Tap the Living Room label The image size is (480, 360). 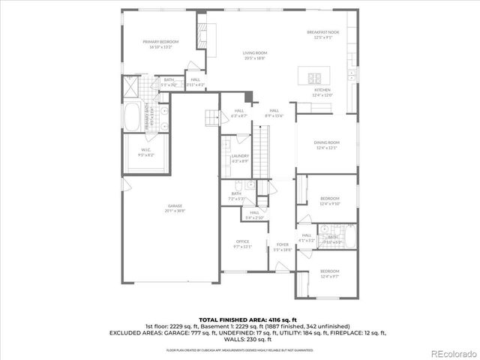pos(254,55)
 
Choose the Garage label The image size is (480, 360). pos(175,208)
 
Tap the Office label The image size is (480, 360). pos(242,243)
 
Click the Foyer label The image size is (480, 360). pos(282,247)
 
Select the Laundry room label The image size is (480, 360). pos(240,157)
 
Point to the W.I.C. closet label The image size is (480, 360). pos(146,151)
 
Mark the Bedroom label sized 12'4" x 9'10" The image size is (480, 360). pos(330,201)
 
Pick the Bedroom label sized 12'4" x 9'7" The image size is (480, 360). pos(330,272)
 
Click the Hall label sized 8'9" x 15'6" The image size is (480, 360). pos(274,113)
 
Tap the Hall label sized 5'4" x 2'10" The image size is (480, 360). pos(255,214)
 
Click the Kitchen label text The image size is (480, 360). pos(322,91)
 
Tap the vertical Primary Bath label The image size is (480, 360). pos(147,117)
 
